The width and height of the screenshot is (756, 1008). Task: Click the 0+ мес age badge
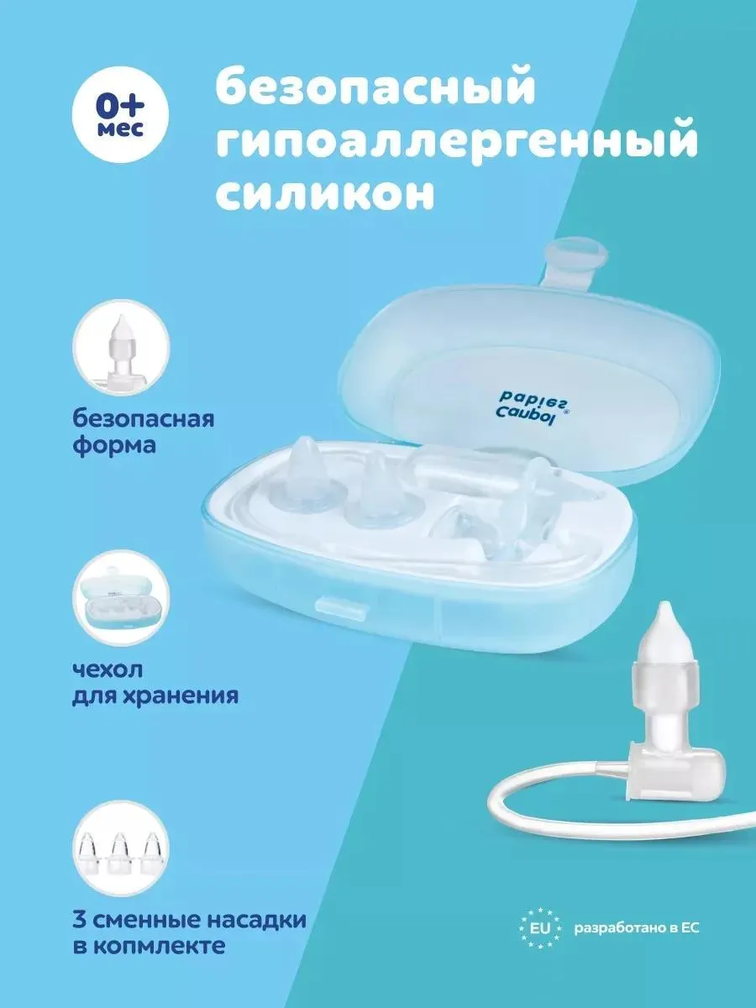pos(120,114)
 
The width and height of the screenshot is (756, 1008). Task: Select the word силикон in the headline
pos(325,192)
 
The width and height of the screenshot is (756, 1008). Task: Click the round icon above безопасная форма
pos(122,348)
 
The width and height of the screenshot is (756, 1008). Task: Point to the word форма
pos(114,446)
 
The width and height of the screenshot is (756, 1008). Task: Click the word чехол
pos(108,670)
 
